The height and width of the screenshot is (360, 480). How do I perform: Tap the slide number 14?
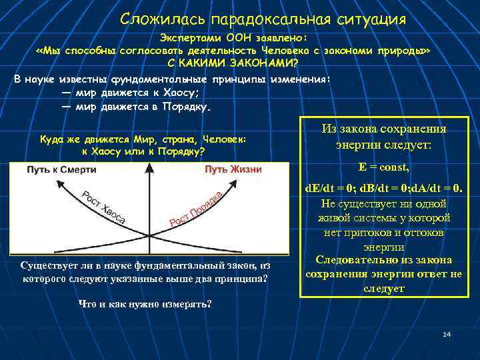[x=447, y=333]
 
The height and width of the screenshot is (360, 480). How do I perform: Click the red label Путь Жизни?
[x=233, y=170]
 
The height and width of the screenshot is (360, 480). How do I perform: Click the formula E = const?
[x=383, y=167]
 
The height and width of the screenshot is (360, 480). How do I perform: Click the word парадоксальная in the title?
[x=265, y=19]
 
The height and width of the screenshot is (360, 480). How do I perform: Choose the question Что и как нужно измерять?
[x=145, y=304]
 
